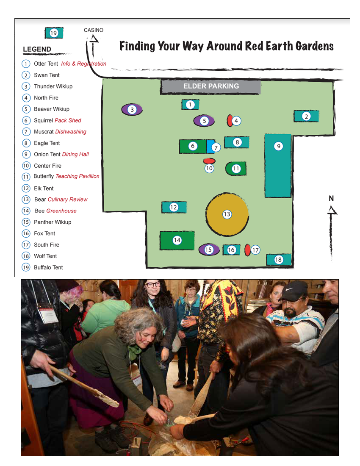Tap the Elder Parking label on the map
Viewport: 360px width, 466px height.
(x=210, y=86)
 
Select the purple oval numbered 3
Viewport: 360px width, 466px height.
(x=132, y=110)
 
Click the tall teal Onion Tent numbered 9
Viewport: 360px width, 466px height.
(x=278, y=166)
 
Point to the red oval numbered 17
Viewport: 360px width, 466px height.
(x=247, y=250)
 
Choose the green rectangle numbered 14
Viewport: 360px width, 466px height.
(x=177, y=241)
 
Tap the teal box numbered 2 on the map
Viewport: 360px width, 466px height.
(x=306, y=116)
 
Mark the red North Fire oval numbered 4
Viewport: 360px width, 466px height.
(x=230, y=121)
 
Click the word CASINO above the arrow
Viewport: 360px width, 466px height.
(x=93, y=30)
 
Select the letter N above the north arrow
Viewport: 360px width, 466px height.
(x=331, y=198)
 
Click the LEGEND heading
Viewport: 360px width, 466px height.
(x=37, y=50)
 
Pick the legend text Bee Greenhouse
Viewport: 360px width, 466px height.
(x=55, y=211)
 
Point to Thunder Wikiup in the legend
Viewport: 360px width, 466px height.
(x=53, y=86)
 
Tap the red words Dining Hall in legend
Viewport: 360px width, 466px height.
(x=75, y=154)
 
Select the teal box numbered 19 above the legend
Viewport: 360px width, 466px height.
(x=54, y=33)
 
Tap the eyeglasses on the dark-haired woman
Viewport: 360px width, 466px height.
(x=153, y=285)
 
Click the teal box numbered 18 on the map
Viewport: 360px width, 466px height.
(x=278, y=260)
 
